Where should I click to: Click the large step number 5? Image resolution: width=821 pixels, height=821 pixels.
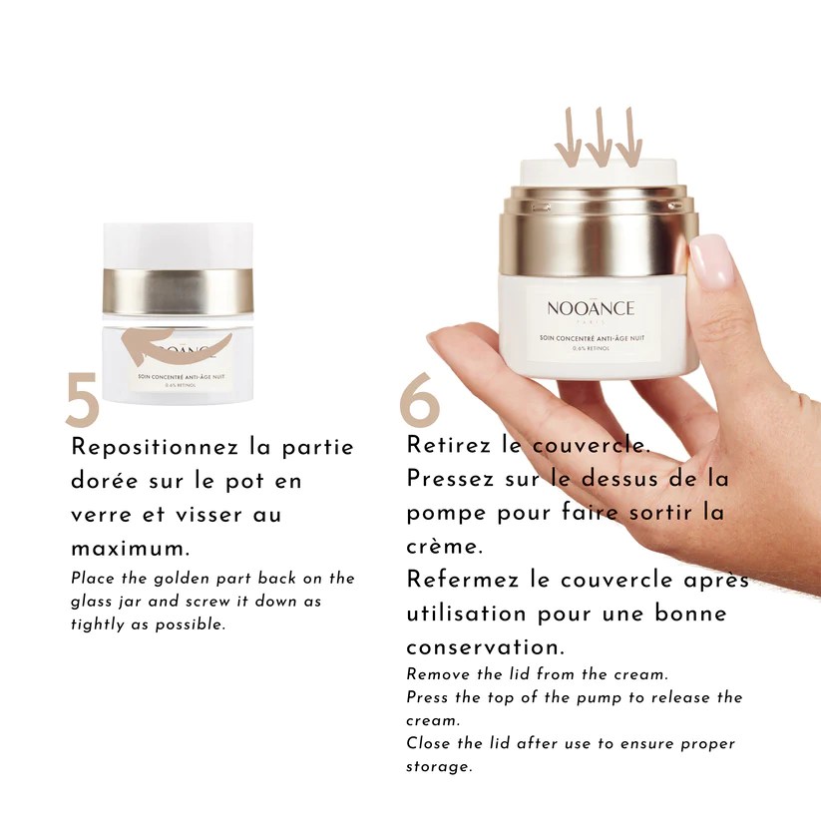click(x=83, y=399)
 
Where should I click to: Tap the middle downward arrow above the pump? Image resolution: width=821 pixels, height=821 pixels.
click(x=599, y=138)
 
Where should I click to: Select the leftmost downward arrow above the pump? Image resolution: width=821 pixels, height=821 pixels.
click(x=568, y=138)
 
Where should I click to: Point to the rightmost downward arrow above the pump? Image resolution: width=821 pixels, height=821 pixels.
click(x=629, y=138)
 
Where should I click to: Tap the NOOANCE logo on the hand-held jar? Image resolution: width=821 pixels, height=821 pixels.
click(x=591, y=308)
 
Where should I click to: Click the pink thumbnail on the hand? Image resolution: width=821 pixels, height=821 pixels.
click(x=711, y=260)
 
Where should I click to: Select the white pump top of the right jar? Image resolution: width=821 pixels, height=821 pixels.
click(x=599, y=173)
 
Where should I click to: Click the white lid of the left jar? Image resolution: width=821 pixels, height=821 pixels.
click(x=178, y=246)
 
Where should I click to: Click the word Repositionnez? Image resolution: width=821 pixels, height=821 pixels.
click(x=155, y=448)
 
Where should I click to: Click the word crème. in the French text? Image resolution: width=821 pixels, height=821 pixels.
click(x=444, y=546)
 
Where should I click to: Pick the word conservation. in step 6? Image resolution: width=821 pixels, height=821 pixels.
click(x=485, y=647)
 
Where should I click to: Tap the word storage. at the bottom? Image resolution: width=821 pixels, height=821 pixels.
click(x=439, y=767)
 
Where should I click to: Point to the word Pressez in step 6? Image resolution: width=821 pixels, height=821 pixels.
click(x=450, y=479)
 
